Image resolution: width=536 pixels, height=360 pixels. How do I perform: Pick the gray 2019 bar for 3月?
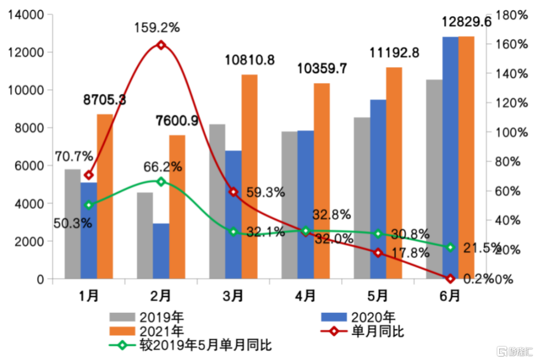[217, 201]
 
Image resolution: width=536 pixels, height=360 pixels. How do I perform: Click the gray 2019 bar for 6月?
[434, 179]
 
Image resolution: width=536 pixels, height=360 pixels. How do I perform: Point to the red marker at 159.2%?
[161, 45]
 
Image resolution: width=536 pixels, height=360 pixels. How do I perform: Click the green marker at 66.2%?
[161, 182]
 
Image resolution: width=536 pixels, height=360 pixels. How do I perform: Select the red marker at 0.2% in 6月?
[450, 279]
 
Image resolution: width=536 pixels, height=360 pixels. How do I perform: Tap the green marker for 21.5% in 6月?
[450, 247]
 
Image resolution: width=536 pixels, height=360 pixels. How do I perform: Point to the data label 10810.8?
[250, 60]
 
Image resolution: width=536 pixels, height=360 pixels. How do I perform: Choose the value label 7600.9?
[177, 121]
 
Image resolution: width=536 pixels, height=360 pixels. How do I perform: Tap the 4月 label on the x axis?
[305, 296]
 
